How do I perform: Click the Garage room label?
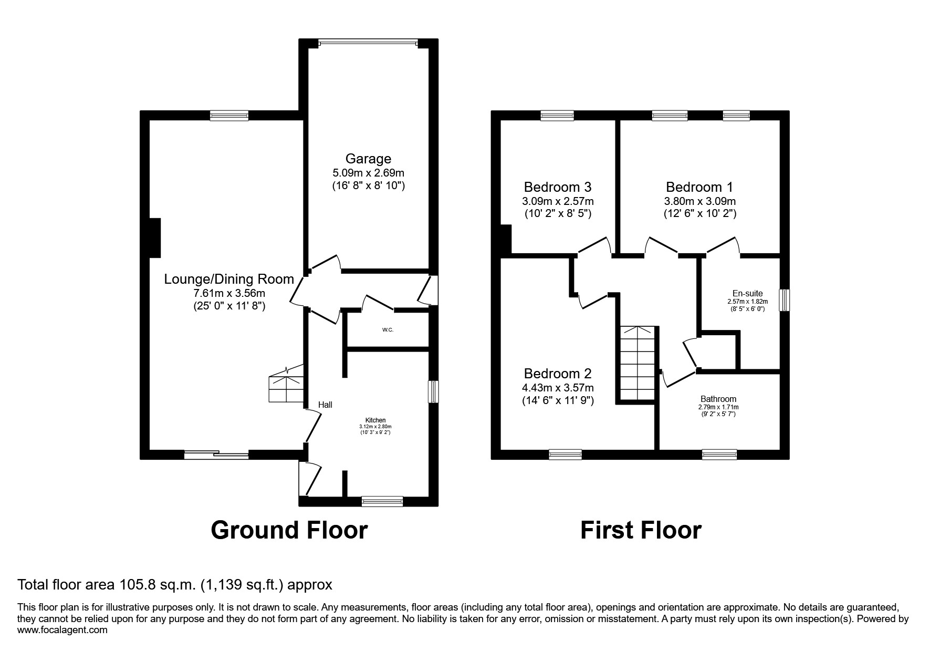click(x=368, y=159)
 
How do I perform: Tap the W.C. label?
click(x=388, y=330)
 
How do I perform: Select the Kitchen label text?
click(x=375, y=420)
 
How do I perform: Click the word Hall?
click(x=325, y=405)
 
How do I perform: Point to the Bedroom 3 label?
click(x=558, y=187)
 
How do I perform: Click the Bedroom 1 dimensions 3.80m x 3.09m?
click(x=699, y=201)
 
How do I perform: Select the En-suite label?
click(x=747, y=294)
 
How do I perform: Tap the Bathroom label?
click(x=718, y=399)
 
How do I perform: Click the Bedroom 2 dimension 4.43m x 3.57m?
click(x=558, y=388)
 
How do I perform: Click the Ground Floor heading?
click(x=289, y=530)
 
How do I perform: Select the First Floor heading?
click(x=640, y=530)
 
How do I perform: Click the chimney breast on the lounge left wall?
click(x=155, y=237)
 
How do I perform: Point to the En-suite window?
click(x=784, y=301)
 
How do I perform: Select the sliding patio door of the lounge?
click(x=216, y=454)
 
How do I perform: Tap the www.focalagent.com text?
click(x=62, y=630)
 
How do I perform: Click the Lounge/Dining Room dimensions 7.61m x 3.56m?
click(x=229, y=293)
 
